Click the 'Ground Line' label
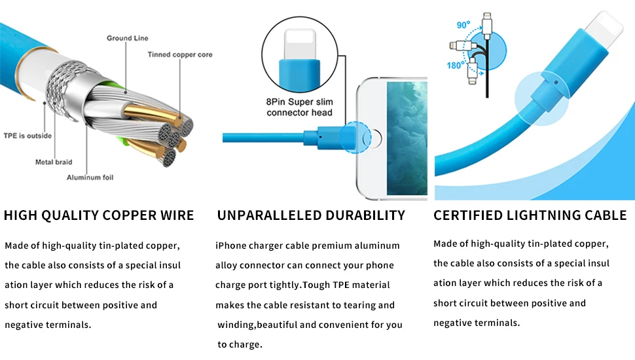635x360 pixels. (128, 38)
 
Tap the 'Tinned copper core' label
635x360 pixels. (180, 55)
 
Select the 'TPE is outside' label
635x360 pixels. (27, 135)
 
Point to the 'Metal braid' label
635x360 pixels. (54, 162)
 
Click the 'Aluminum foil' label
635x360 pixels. (90, 177)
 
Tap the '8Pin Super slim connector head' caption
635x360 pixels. (299, 107)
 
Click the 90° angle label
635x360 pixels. (463, 25)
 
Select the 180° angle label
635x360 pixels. (456, 65)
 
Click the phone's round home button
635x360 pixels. (372, 138)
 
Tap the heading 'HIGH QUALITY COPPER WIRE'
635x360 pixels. (99, 215)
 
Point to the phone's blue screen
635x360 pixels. (407, 139)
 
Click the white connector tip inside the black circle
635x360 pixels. (300, 45)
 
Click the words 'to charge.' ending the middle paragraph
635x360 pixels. (240, 344)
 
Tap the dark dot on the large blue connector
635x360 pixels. (556, 82)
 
